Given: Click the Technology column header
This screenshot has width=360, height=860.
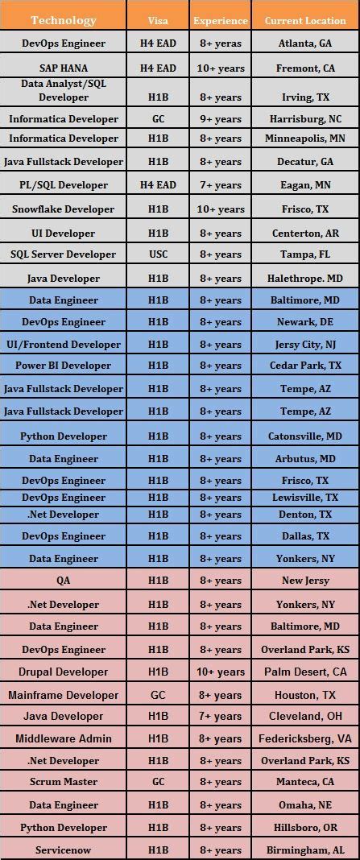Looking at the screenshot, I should pos(63,20).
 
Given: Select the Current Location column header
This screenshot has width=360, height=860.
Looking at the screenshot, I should pos(305,20).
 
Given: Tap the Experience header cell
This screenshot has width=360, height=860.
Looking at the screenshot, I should pos(220,20).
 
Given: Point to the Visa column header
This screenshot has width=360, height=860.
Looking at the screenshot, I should pos(158,20).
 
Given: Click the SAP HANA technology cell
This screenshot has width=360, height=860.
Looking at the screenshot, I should pos(63,68).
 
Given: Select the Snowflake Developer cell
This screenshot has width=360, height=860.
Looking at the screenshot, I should pos(63,209).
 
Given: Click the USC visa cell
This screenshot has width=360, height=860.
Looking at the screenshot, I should pos(158,254).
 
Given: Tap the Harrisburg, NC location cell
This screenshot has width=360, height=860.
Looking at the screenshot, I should pos(305,118).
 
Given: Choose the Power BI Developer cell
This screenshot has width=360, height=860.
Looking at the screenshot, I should pos(63,366).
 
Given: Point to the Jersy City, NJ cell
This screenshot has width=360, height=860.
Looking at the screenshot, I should pos(305,345).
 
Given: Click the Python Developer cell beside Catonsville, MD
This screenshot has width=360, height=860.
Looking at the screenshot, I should pos(63,436).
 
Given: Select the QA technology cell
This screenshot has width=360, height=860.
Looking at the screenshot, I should pos(63,581).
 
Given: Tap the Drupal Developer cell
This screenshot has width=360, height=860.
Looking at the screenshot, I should pos(63,672).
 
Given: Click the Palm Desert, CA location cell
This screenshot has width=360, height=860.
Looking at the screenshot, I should pos(305,672).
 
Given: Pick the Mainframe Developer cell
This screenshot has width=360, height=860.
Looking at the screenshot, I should pos(63,695).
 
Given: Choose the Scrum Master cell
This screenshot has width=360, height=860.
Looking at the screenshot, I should pos(63,782).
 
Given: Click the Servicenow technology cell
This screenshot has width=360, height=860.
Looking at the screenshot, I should pos(63,850).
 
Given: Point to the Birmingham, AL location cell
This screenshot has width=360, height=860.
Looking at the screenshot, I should pos(305,850).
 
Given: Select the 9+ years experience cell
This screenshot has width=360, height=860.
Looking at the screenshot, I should pos(220,118).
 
